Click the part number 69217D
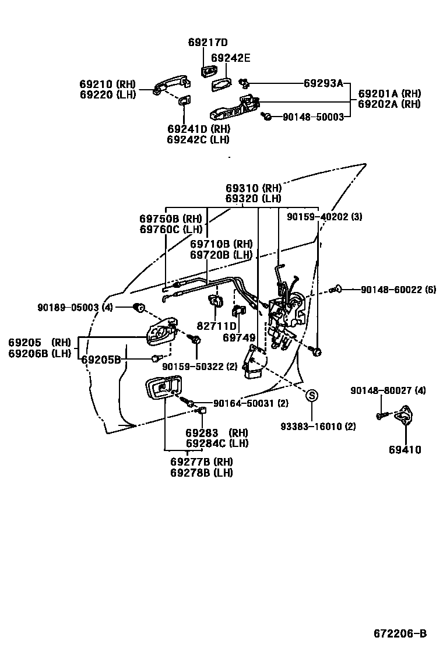pyautogui.click(x=208, y=43)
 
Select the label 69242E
pyautogui.click(x=230, y=58)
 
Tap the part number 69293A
pyautogui.click(x=324, y=83)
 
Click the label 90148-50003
pyautogui.click(x=313, y=117)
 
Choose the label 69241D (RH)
pyautogui.click(x=198, y=129)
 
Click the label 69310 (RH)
pyautogui.click(x=254, y=188)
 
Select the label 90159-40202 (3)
pyautogui.click(x=324, y=217)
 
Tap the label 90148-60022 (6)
pyautogui.click(x=398, y=289)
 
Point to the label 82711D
pyautogui.click(x=216, y=326)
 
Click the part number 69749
pyautogui.click(x=238, y=337)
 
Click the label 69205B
pyautogui.click(x=100, y=360)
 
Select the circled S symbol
pyautogui.click(x=312, y=396)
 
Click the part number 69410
pyautogui.click(x=405, y=450)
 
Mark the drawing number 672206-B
pyautogui.click(x=400, y=633)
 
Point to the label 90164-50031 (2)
pyautogui.click(x=251, y=403)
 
